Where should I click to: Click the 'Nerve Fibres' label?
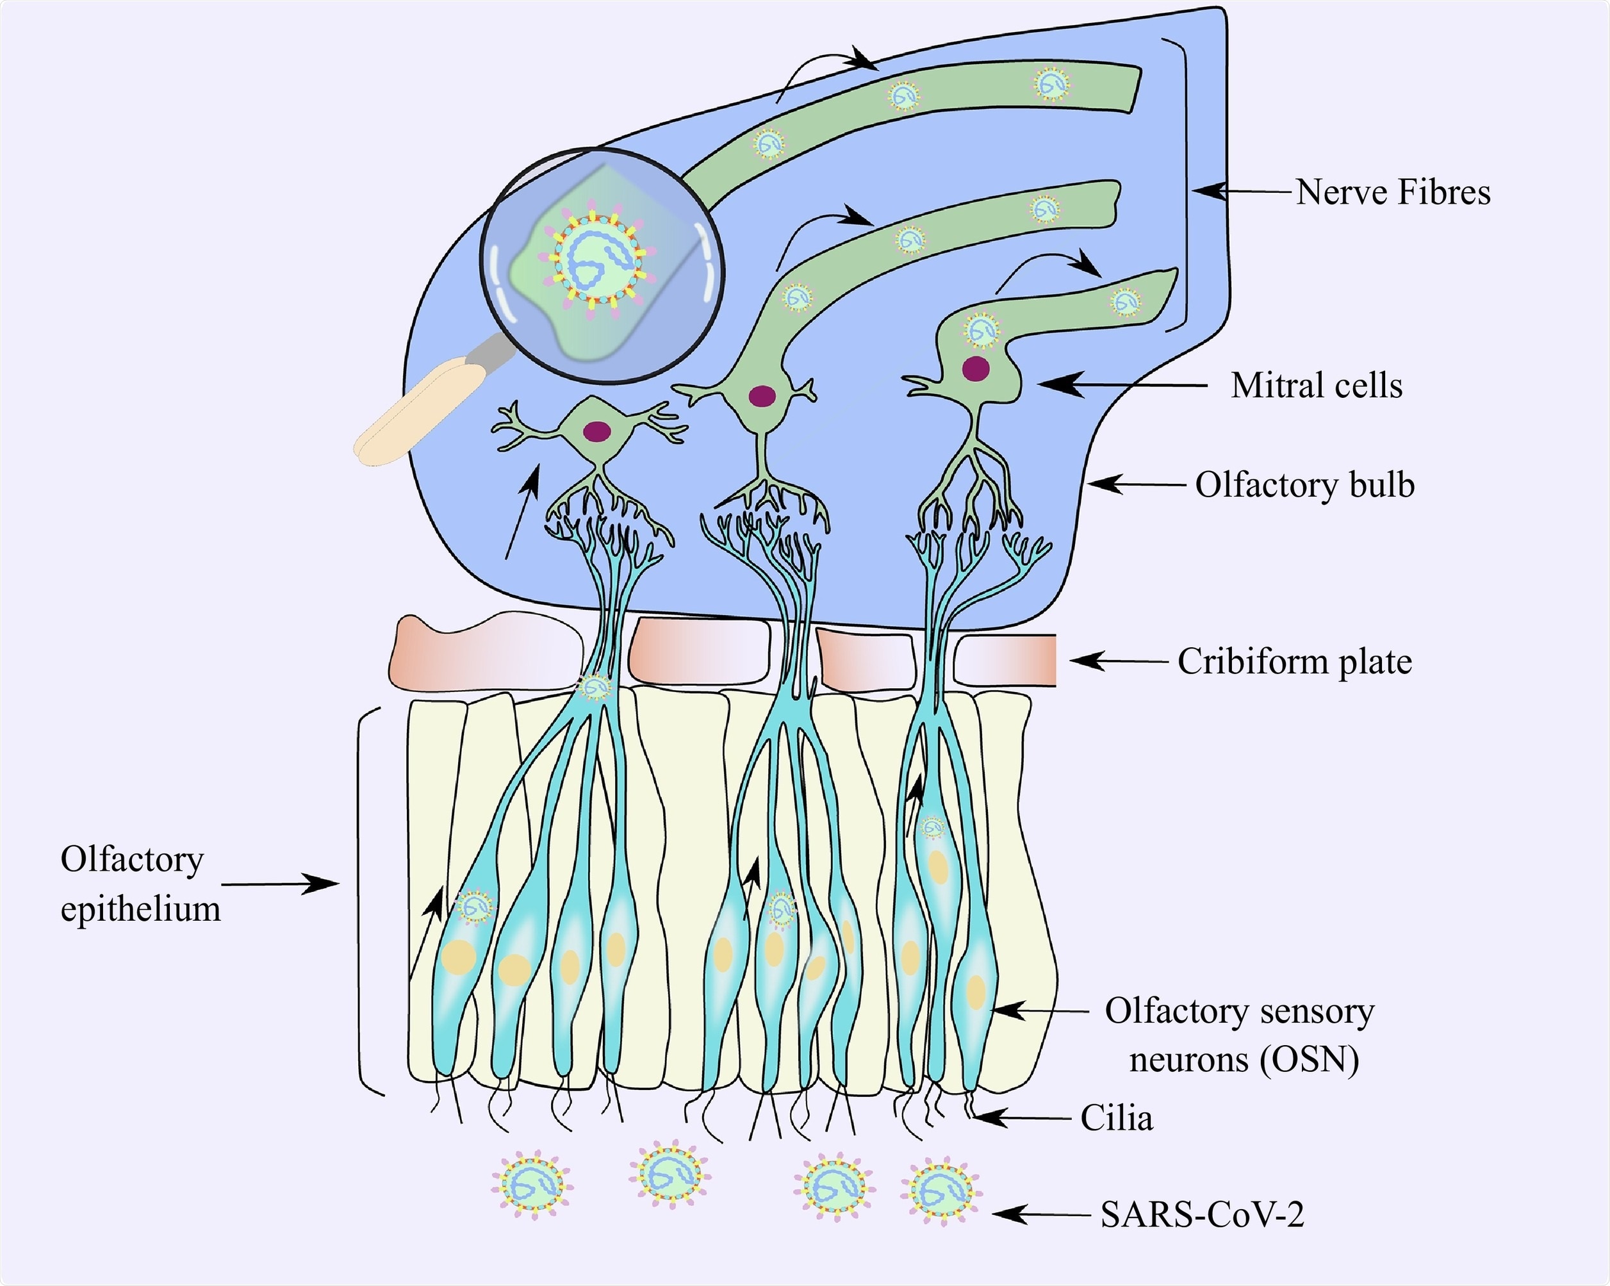point(1393,193)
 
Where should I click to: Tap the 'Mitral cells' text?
point(1317,386)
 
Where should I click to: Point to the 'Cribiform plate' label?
point(1294,662)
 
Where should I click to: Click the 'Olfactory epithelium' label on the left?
point(140,884)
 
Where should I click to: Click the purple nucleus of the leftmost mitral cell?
point(596,431)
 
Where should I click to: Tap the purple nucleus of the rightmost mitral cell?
point(976,369)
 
